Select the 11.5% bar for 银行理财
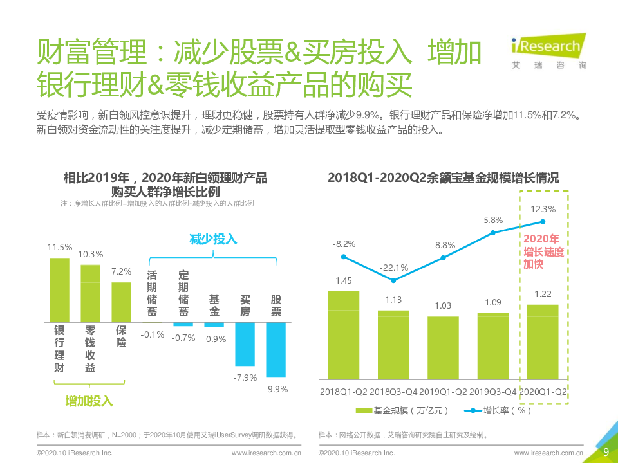[59, 289]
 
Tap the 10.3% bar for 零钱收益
[90, 293]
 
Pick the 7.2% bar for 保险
[121, 302]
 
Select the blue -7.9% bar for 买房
[245, 343]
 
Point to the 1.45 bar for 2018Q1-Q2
[344, 334]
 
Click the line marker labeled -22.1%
[393, 280]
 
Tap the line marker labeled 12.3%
[543, 222]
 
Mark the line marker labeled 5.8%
[493, 232]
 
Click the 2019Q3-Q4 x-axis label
[493, 391]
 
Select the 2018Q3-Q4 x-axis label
[393, 391]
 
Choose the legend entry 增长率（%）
[498, 410]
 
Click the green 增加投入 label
[89, 401]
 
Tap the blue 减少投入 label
[213, 239]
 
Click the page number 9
[605, 451]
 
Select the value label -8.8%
[444, 245]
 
